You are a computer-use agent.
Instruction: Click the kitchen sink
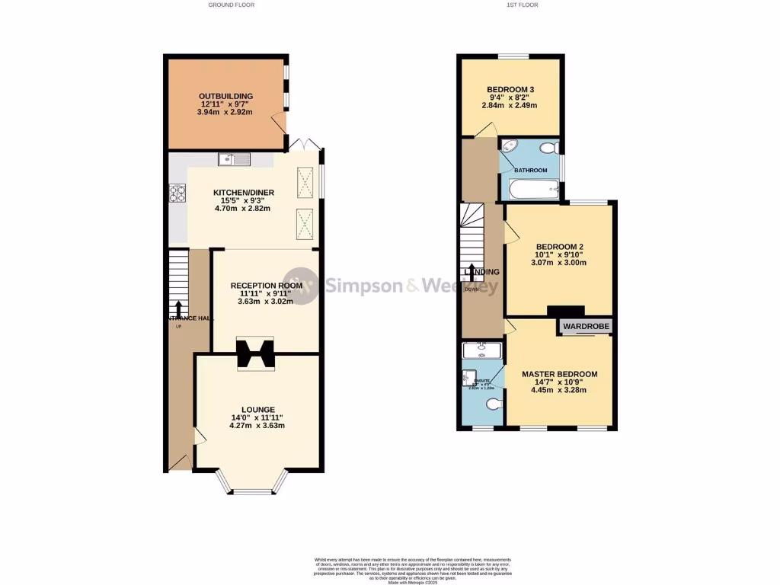[x=234, y=159]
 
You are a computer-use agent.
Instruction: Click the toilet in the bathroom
[x=546, y=149]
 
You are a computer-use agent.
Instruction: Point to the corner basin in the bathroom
[x=508, y=147]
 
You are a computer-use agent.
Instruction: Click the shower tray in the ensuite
[x=481, y=350]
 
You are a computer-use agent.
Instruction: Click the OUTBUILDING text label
[x=226, y=96]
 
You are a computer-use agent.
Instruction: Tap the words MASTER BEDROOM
[x=559, y=374]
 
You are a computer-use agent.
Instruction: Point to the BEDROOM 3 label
[x=510, y=90]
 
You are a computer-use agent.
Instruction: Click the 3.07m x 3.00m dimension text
[x=559, y=263]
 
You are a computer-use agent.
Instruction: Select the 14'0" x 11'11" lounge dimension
[x=257, y=417]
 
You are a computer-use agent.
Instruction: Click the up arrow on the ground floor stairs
[x=178, y=307]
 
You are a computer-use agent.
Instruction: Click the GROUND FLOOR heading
[x=232, y=5]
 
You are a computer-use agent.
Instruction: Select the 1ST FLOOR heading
[x=523, y=5]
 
